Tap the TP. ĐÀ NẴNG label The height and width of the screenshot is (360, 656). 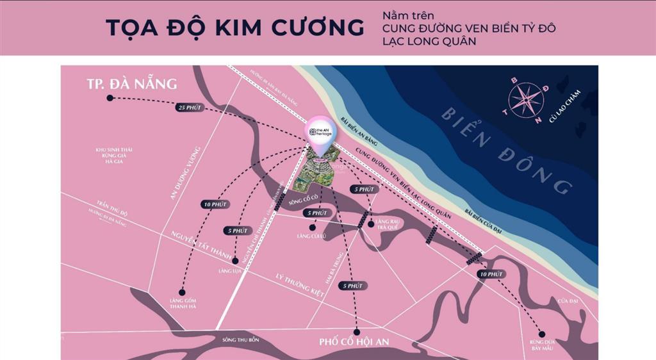pos(131,84)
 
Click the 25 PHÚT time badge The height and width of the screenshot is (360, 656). pos(190,108)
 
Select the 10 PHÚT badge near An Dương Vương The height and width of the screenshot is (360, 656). pos(215,204)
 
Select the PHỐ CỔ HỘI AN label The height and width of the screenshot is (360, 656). pos(354,342)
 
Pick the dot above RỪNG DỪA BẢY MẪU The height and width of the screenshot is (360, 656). pos(542,333)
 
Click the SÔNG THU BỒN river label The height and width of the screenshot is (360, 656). pos(238,340)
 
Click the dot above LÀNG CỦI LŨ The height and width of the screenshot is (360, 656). pos(312,227)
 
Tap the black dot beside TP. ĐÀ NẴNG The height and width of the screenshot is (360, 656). pos(110,98)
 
